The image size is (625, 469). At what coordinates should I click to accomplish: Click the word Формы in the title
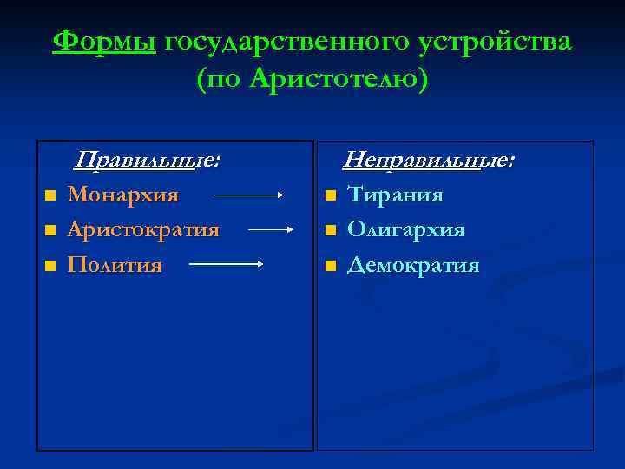(104, 42)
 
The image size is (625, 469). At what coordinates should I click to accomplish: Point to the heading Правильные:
(147, 160)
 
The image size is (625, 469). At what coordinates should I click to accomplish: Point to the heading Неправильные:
(429, 160)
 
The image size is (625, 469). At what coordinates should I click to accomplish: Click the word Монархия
(123, 195)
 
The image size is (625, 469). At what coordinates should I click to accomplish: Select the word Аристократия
(143, 229)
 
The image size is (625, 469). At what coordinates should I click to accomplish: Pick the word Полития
(115, 264)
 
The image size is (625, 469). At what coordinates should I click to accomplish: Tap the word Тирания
(395, 195)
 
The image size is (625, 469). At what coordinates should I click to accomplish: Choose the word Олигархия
(405, 229)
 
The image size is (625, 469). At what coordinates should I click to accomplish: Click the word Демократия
(413, 264)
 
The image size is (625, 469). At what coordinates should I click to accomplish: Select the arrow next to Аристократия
(273, 230)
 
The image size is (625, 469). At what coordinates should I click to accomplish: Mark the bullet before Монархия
(50, 196)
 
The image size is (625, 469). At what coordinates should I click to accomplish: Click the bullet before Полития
(50, 266)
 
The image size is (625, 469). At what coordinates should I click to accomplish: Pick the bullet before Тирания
(330, 196)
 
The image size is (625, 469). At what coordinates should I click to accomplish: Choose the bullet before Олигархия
(330, 231)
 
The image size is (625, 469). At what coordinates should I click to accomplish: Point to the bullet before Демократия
(330, 266)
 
